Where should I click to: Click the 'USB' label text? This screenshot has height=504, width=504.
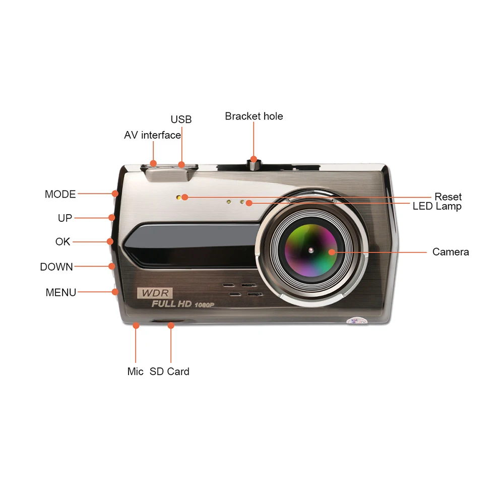coord(181,119)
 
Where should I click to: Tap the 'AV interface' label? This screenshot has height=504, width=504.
coord(152,135)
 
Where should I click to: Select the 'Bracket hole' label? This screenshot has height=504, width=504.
coord(254,116)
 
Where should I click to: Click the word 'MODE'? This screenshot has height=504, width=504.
coord(60,194)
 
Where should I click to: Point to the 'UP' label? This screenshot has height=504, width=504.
coord(65,218)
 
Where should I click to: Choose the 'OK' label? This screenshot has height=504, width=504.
coord(63,242)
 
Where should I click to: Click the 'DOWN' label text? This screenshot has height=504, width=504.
coord(56,267)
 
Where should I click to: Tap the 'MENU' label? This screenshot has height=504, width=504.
coord(61,292)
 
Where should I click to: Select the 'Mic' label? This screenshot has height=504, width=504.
coord(135,371)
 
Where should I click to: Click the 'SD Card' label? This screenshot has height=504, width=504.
coord(169,371)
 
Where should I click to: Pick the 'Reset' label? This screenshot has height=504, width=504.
coord(448,197)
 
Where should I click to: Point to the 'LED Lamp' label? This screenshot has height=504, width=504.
coord(437,206)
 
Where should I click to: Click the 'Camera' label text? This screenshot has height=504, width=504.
coord(451,251)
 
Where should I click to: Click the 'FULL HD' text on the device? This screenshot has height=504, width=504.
coord(171,304)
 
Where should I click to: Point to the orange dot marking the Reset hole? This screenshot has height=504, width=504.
coord(185,197)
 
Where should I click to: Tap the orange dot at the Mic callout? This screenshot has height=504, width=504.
coord(136,326)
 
